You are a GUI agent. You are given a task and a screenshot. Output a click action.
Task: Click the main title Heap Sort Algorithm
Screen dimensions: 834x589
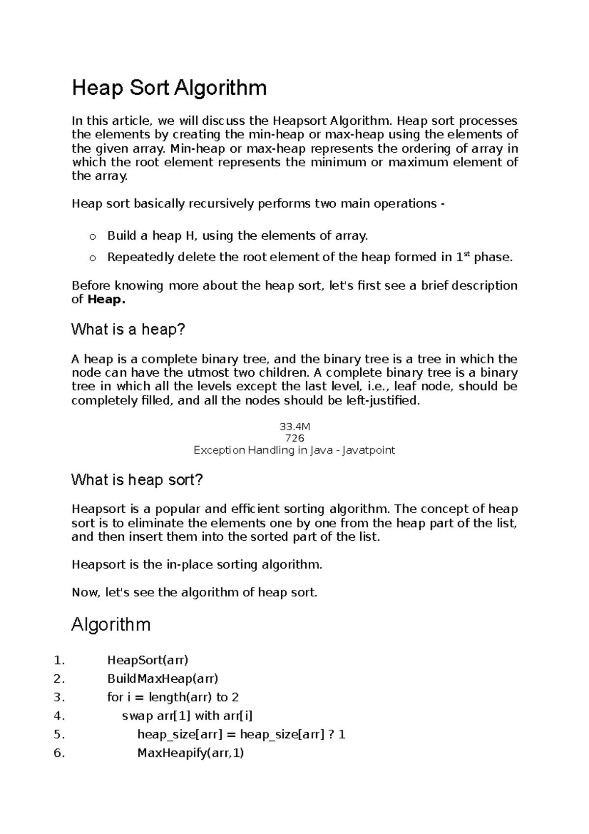[169, 88]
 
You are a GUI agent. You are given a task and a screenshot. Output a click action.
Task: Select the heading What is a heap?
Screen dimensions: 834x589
[128, 329]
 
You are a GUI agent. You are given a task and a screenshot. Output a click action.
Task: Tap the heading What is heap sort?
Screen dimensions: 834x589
[137, 479]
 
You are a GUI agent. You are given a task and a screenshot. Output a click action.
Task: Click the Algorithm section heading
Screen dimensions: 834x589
[111, 625]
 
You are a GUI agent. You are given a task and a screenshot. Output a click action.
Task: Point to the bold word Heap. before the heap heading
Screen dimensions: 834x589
[107, 300]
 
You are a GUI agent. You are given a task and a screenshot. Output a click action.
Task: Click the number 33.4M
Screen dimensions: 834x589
[294, 427]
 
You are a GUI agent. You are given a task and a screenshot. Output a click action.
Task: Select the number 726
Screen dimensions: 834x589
[294, 438]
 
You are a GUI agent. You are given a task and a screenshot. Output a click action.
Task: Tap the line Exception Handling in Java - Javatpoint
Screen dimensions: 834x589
[294, 450]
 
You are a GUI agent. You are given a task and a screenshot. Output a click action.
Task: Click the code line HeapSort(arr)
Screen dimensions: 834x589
[148, 660]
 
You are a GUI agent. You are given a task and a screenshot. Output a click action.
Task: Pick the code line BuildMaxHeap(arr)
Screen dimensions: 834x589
[162, 679]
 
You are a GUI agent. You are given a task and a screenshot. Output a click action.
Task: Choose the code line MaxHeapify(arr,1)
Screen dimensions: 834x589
[190, 752]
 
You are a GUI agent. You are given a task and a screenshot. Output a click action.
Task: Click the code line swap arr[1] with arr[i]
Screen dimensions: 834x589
[187, 716]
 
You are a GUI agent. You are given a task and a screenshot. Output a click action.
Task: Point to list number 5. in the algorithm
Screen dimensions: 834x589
[59, 734]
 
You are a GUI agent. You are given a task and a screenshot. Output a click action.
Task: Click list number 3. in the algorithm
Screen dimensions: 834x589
[59, 697]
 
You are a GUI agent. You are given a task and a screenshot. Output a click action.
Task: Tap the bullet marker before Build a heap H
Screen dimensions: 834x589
[92, 238]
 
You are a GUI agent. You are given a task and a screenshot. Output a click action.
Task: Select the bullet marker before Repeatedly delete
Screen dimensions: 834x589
[92, 258]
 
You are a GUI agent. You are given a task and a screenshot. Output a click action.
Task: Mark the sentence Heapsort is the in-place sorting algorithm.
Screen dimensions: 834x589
[197, 564]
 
